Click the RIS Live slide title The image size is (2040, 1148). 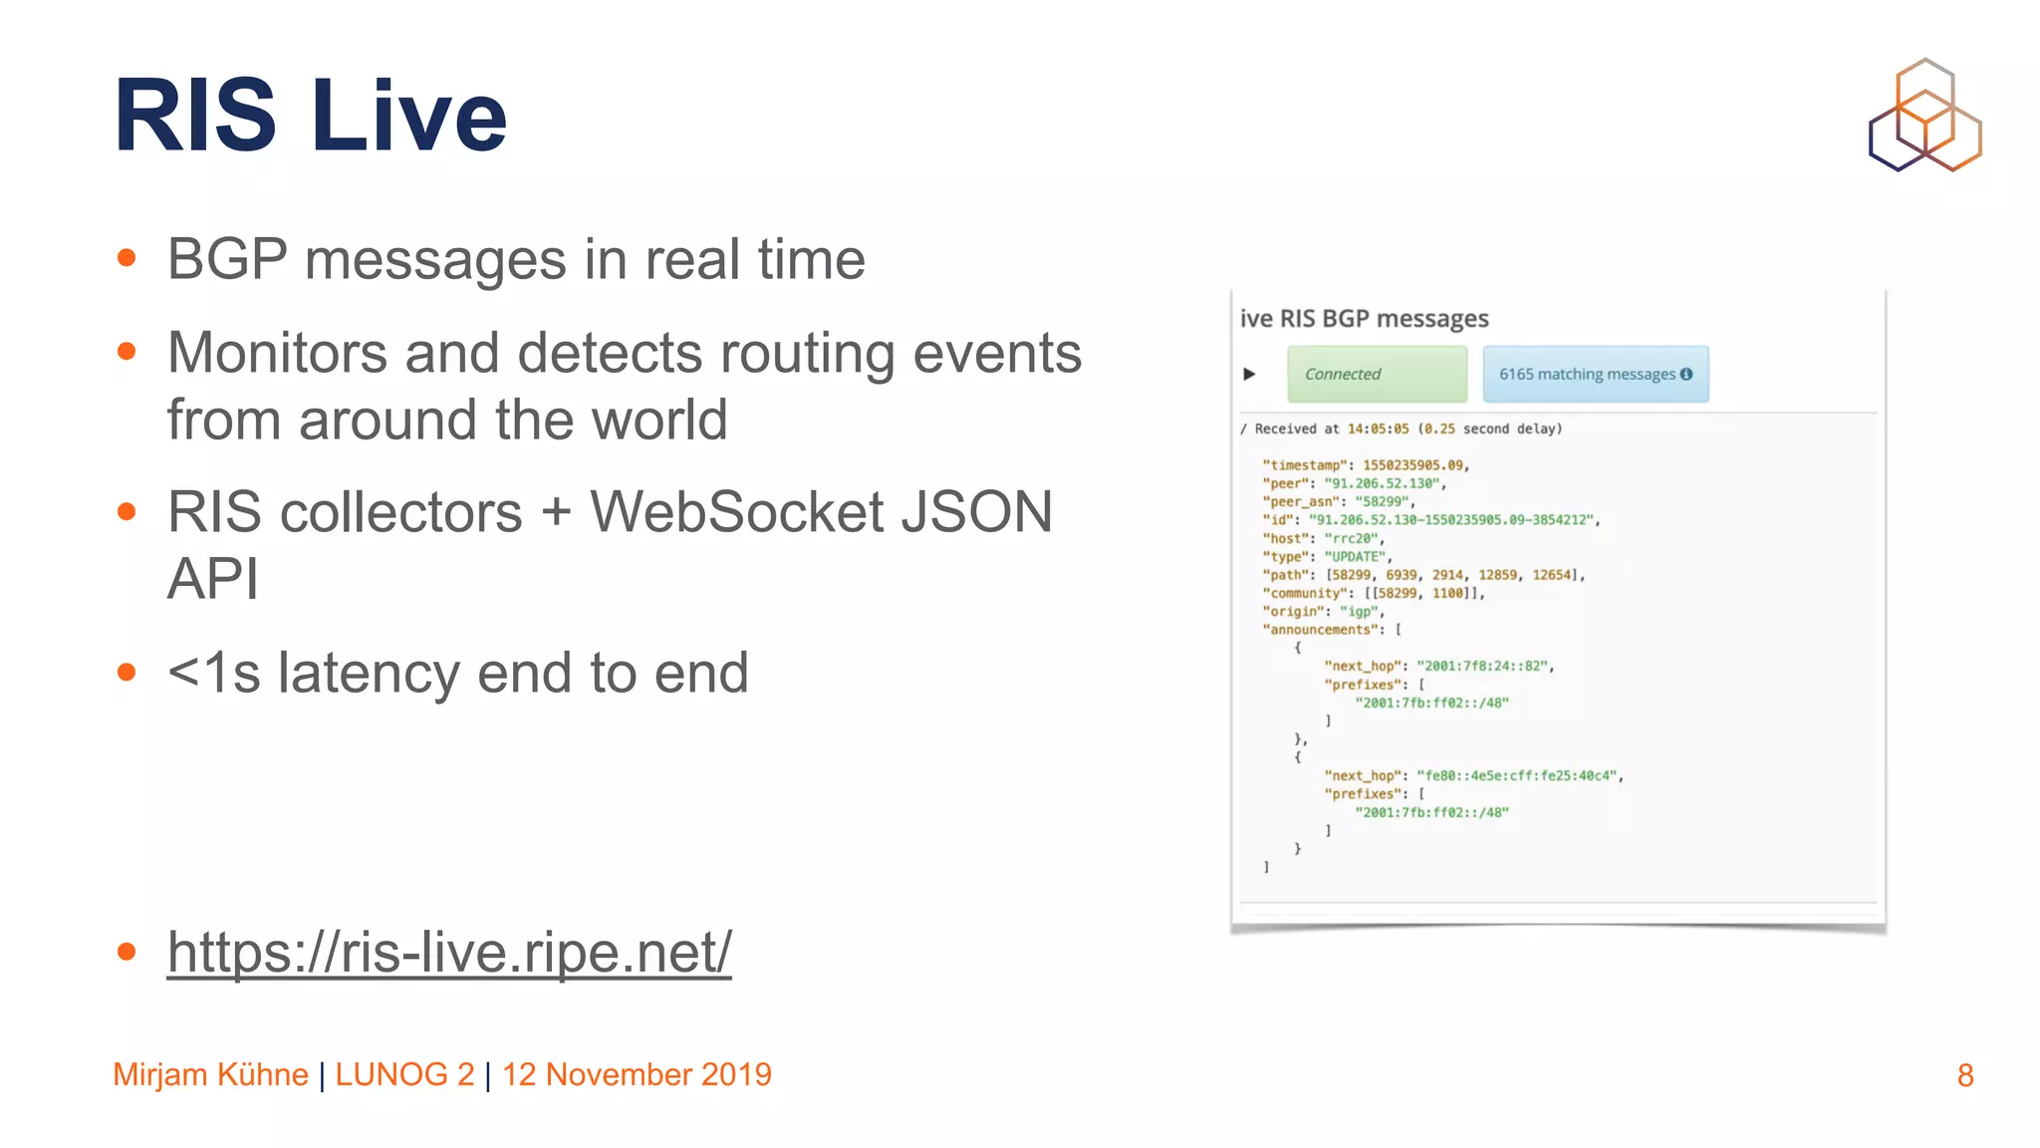click(x=310, y=116)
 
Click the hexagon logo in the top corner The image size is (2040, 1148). click(x=1924, y=116)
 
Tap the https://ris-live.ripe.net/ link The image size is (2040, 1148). click(x=448, y=952)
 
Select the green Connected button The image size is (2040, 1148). click(x=1377, y=375)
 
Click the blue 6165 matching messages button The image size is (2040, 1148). click(x=1595, y=375)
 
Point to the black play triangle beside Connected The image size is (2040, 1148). click(x=1249, y=375)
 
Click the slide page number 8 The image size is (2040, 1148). click(x=1964, y=1075)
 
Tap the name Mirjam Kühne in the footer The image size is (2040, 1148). click(x=210, y=1075)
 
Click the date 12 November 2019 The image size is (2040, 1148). click(x=637, y=1075)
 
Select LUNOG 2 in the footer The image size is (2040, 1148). click(x=404, y=1075)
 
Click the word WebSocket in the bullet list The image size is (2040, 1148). click(x=736, y=512)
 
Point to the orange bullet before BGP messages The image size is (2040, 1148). click(x=127, y=259)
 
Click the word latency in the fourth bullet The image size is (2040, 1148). click(x=369, y=673)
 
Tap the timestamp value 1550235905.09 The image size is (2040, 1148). click(x=1413, y=465)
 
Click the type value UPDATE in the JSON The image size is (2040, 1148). click(x=1355, y=557)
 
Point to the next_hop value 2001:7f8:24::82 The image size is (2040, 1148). click(x=1483, y=667)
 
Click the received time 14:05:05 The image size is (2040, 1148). click(x=1378, y=430)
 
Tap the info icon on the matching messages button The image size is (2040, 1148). click(x=1686, y=375)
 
